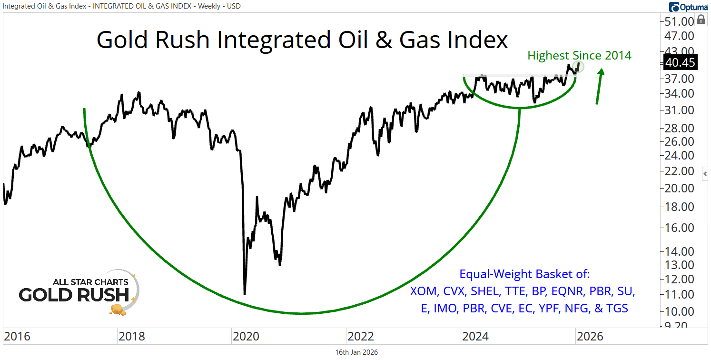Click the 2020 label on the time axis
click(246, 337)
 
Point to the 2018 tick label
click(131, 337)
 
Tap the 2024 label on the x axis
click(474, 337)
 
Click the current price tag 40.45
click(681, 62)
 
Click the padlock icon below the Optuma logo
click(701, 20)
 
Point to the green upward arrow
click(599, 86)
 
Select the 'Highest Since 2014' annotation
click(579, 56)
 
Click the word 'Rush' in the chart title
click(180, 40)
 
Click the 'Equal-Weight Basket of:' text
click(524, 274)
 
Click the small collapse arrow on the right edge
click(705, 174)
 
